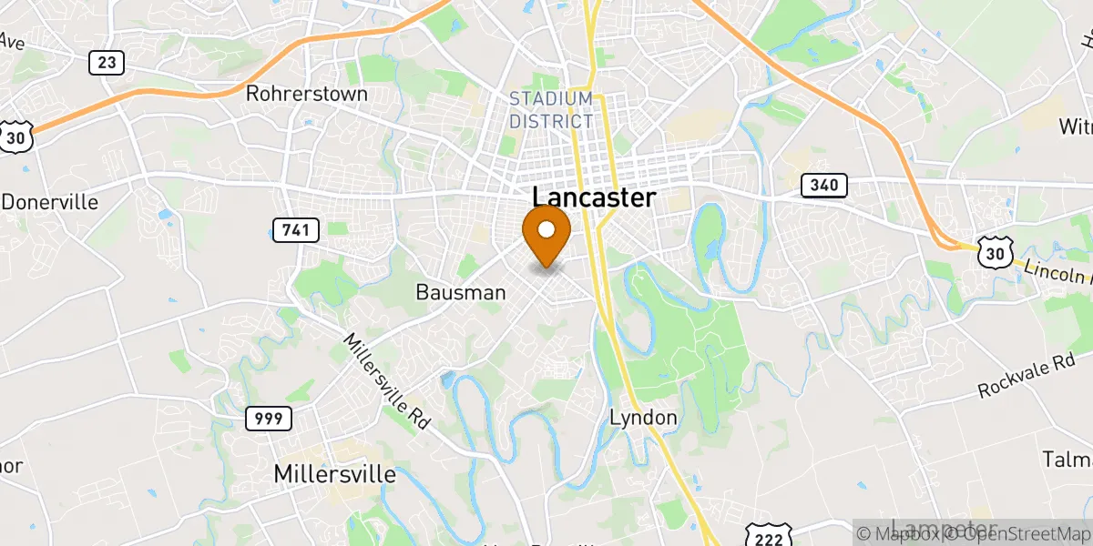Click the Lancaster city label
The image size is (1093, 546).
pyautogui.click(x=593, y=198)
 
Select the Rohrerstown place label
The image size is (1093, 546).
pyautogui.click(x=307, y=94)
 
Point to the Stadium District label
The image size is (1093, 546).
pyautogui.click(x=551, y=110)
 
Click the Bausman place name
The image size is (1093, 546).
pyautogui.click(x=460, y=293)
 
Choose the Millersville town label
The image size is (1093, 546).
pyautogui.click(x=335, y=474)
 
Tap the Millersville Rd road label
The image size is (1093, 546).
pyautogui.click(x=386, y=379)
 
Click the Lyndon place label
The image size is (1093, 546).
pyautogui.click(x=643, y=418)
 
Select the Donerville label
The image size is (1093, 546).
pyautogui.click(x=50, y=202)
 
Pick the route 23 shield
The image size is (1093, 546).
pyautogui.click(x=107, y=62)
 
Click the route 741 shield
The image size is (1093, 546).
pyautogui.click(x=295, y=230)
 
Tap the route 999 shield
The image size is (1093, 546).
pyautogui.click(x=269, y=419)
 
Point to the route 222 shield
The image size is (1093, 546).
pyautogui.click(x=766, y=536)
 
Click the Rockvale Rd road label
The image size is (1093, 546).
pyautogui.click(x=1027, y=375)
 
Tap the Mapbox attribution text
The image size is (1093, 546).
pyautogui.click(x=903, y=534)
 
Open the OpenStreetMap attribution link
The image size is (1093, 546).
pyautogui.click(x=1020, y=534)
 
